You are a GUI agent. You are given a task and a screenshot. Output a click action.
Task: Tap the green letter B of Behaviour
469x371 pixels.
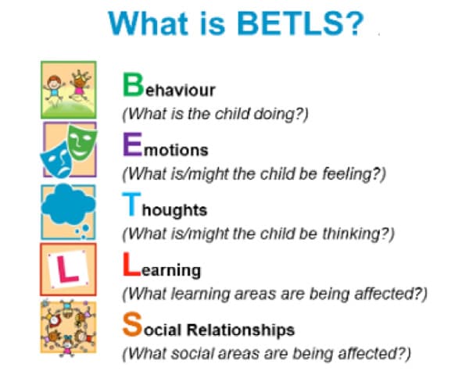click(x=133, y=85)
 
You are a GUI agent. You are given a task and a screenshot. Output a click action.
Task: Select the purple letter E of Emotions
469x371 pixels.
click(x=133, y=144)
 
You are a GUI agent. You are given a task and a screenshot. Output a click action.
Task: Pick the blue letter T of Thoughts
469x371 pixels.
click(x=131, y=204)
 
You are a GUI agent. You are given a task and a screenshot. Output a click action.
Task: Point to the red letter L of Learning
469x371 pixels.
click(x=131, y=264)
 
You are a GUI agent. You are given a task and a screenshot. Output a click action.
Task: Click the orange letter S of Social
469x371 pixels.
click(x=132, y=324)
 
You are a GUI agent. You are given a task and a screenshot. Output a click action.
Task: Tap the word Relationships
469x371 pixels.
click(x=241, y=330)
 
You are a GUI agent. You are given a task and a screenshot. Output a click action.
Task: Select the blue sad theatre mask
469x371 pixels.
click(x=57, y=160)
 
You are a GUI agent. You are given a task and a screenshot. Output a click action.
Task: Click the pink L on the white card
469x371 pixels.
click(x=67, y=269)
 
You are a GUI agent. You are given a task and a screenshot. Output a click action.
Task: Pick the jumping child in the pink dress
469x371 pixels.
click(x=79, y=85)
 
